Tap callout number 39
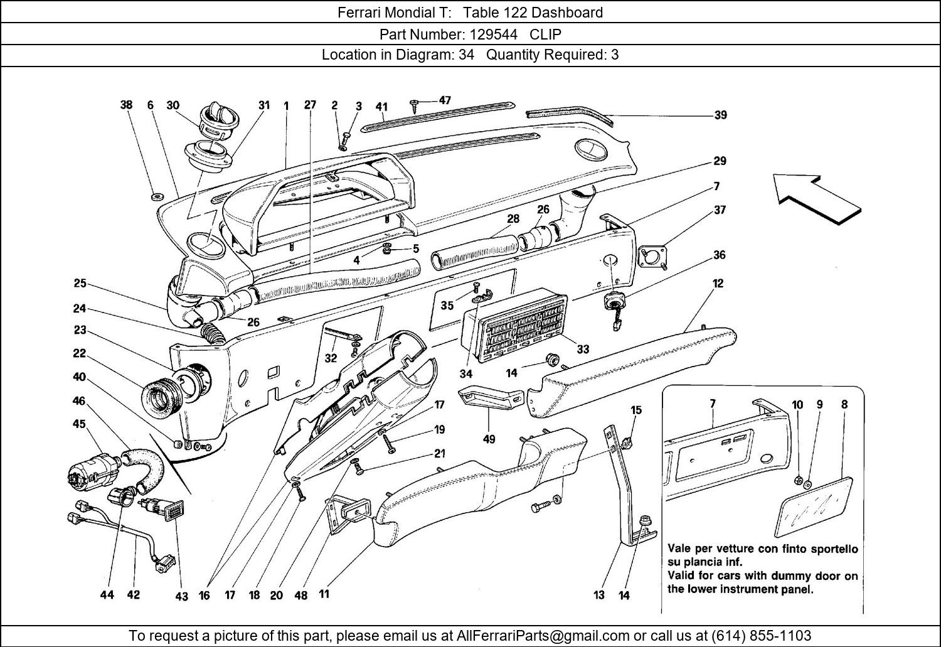pos(720,115)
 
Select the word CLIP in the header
pos(545,34)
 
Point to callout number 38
pos(126,105)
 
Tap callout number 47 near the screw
pos(445,100)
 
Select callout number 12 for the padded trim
pos(718,283)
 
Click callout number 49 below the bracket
pos(489,439)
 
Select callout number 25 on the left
pos(80,283)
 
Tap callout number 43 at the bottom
pos(181,596)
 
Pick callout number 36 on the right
pos(719,255)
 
